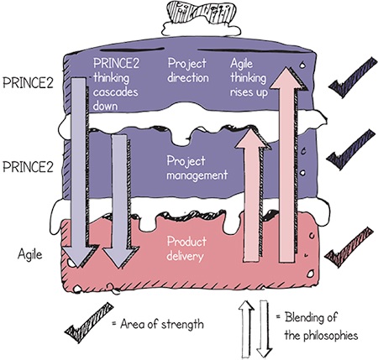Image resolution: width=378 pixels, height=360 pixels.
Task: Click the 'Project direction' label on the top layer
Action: [x=188, y=70]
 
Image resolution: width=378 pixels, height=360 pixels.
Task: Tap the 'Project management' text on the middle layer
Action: [x=197, y=168]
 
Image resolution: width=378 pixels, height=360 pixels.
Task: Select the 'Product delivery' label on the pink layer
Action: [x=186, y=248]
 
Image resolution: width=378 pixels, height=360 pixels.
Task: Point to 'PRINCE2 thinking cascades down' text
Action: [x=116, y=85]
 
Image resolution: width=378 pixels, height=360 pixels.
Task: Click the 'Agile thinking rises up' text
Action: [x=249, y=78]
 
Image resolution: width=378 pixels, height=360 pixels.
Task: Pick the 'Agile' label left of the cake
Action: [x=30, y=254]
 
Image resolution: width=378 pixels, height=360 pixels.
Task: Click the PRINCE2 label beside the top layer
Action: [x=28, y=82]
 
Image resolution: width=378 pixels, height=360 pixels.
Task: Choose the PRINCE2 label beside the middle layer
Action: [x=28, y=167]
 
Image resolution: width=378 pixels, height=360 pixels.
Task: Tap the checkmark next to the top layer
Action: [x=353, y=77]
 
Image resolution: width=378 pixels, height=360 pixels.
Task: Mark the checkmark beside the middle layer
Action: [x=351, y=149]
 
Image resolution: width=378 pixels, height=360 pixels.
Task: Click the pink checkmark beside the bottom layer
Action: [x=349, y=248]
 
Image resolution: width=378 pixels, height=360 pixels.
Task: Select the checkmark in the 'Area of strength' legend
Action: [x=89, y=323]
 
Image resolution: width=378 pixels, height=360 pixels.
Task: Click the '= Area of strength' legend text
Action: [x=158, y=324]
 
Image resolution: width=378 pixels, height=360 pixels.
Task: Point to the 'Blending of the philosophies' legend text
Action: [x=317, y=326]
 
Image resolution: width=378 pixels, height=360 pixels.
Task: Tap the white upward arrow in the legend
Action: [x=246, y=330]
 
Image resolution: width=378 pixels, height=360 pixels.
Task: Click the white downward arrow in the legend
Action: [x=265, y=329]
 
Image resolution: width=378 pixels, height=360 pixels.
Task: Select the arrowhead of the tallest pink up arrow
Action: [x=288, y=79]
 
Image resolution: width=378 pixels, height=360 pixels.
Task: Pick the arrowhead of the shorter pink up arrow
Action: [x=252, y=138]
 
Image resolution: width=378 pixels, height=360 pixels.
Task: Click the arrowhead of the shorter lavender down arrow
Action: [x=120, y=258]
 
